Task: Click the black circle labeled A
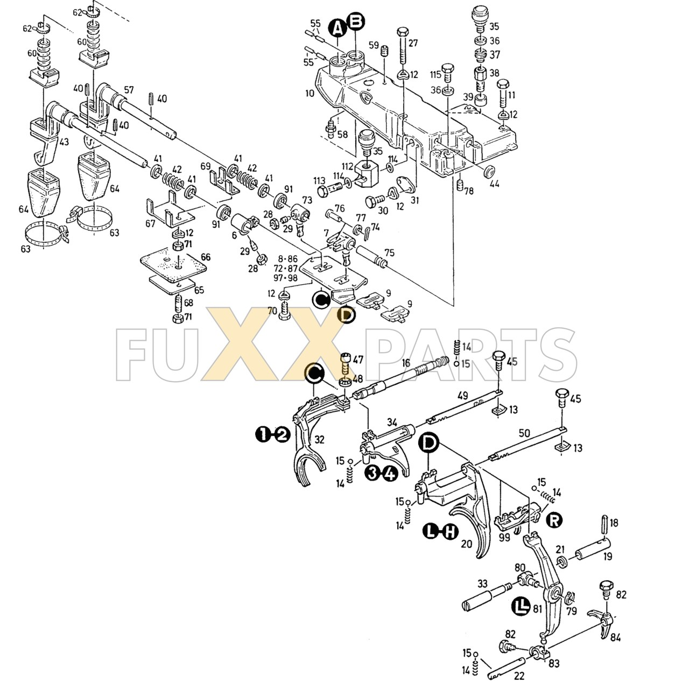338,27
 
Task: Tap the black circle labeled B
356,22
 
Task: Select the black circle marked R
553,519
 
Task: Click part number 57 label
129,90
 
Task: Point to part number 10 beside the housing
309,93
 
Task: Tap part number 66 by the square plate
205,257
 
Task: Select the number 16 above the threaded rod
406,364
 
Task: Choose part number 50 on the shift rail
524,433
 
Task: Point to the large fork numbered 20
474,517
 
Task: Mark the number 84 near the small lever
616,638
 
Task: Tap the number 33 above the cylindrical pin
482,583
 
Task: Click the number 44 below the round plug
494,184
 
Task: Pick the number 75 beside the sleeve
389,253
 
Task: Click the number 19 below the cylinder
608,557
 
